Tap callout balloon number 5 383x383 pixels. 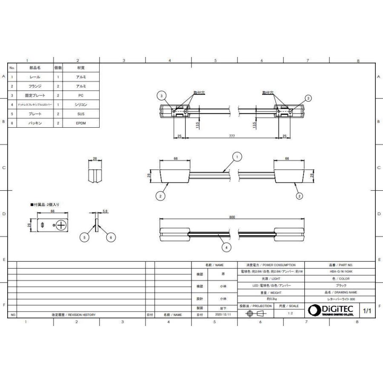85,238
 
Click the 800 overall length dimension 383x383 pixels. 232,217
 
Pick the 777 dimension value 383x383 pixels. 232,136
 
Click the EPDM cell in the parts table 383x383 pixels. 81,123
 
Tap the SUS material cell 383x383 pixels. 81,114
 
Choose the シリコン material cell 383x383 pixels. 81,104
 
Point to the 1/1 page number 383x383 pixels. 367,311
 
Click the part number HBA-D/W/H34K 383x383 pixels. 340,272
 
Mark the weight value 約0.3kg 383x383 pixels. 271,299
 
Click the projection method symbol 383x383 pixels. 254,314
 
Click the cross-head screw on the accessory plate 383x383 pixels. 61,225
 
